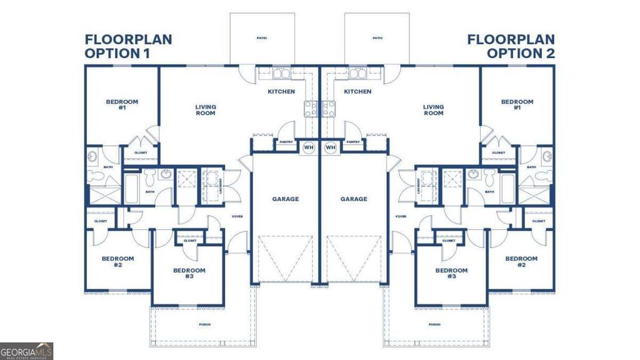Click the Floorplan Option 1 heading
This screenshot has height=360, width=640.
point(128,46)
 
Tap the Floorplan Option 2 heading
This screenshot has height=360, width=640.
point(511,46)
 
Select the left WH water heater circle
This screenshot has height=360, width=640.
point(309,147)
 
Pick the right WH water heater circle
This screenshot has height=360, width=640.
point(331,147)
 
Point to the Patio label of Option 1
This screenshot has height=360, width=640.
point(262,38)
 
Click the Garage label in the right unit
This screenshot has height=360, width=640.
point(354,199)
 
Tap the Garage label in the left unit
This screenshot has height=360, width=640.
point(285,199)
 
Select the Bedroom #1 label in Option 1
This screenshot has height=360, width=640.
point(122,104)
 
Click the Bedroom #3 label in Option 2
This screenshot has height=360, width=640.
point(451,273)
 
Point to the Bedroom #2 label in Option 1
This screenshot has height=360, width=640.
point(118,261)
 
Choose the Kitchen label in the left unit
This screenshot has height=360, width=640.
point(281,92)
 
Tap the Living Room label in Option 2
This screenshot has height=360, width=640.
point(434,110)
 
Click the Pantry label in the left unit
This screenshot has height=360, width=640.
point(287,142)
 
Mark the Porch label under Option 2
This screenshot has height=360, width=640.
point(435,325)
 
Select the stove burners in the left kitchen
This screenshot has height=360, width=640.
point(311,109)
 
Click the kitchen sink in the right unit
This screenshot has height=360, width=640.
point(358,74)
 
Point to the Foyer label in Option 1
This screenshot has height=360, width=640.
point(237,217)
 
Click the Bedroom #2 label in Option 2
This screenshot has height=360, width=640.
point(521,261)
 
